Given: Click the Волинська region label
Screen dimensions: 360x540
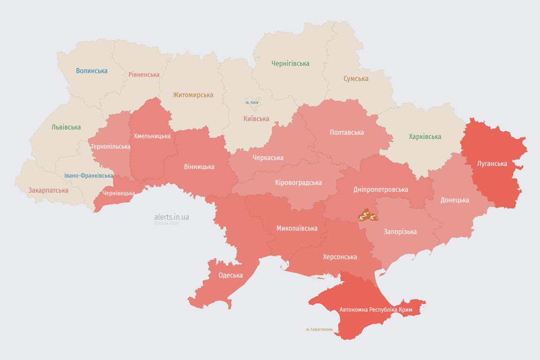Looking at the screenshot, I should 91,71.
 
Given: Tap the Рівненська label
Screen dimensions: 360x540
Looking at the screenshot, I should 144,75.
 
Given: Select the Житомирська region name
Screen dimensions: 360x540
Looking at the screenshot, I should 193,95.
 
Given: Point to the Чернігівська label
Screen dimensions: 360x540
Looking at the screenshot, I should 290,63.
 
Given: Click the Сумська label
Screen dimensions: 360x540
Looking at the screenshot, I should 356,79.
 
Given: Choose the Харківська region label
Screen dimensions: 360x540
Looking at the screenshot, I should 425,137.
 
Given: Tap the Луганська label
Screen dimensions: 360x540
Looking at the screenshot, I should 492,164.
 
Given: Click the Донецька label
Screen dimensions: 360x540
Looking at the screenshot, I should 454,200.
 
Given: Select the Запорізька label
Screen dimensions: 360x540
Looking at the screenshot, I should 400,232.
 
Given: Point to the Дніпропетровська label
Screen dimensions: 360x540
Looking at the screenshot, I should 380,189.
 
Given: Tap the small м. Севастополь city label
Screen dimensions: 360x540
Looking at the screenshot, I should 319,330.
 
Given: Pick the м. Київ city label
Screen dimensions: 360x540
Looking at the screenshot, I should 252,103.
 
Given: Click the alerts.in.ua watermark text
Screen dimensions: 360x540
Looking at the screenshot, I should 172,217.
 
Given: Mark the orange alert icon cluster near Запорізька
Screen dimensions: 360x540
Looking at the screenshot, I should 367,216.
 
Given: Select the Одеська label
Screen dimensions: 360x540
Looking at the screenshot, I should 231,275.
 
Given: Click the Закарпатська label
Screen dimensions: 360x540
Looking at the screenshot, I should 48,190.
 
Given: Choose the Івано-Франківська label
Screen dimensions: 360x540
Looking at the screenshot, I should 89,176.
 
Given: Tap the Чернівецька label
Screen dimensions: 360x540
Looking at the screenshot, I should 119,193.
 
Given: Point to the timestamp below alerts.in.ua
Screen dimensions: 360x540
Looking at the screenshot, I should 166,224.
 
